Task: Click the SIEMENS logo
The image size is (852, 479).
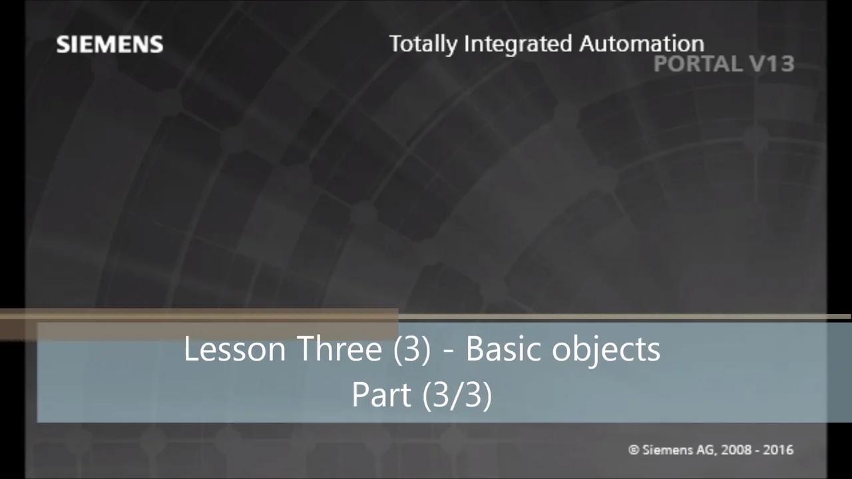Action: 110,45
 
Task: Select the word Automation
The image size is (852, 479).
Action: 641,44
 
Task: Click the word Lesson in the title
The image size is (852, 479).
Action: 235,349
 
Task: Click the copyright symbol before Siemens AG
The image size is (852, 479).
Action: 634,450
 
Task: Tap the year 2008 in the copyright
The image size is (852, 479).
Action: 735,450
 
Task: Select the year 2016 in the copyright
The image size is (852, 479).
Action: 778,450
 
